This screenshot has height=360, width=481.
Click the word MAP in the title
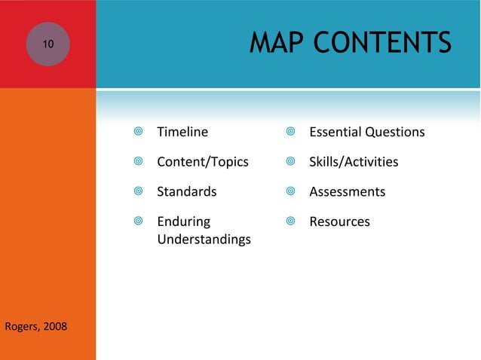click(275, 43)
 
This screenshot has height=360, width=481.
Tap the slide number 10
click(47, 44)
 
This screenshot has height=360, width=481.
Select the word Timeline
click(182, 132)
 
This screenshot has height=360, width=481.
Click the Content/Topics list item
click(202, 162)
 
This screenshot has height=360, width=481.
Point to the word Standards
click(186, 191)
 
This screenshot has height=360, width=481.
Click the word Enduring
click(183, 221)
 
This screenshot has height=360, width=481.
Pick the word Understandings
click(204, 239)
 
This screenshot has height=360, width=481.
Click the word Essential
click(335, 132)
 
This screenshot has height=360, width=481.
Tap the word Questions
click(395, 132)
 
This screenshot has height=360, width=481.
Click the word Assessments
click(347, 191)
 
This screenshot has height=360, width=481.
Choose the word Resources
click(339, 221)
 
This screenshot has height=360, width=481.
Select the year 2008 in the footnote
click(54, 326)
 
